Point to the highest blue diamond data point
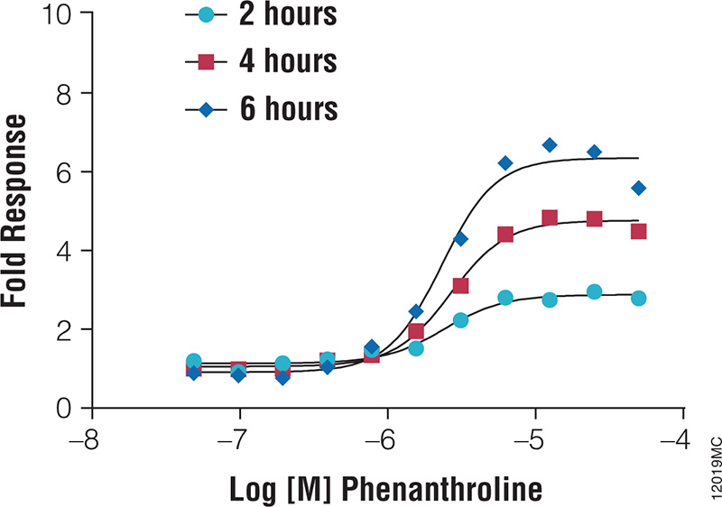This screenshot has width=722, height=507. pyautogui.click(x=550, y=145)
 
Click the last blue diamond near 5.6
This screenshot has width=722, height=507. pyautogui.click(x=638, y=188)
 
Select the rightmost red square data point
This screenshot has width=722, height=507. pyautogui.click(x=638, y=231)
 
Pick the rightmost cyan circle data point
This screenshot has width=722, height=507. pyautogui.click(x=638, y=298)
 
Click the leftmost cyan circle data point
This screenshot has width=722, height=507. pyautogui.click(x=193, y=361)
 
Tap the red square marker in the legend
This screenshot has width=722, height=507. pyautogui.click(x=207, y=61)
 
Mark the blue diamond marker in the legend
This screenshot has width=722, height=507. pyautogui.click(x=207, y=109)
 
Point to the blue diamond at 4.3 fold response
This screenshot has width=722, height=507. pyautogui.click(x=460, y=238)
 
